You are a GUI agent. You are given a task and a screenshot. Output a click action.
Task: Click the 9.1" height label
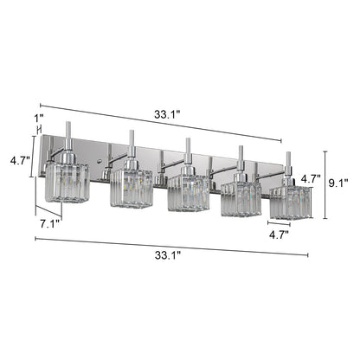click(341, 183)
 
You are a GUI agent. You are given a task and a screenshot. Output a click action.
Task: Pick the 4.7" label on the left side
click(16, 160)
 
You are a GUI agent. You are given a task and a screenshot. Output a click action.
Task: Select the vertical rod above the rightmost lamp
click(290, 163)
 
